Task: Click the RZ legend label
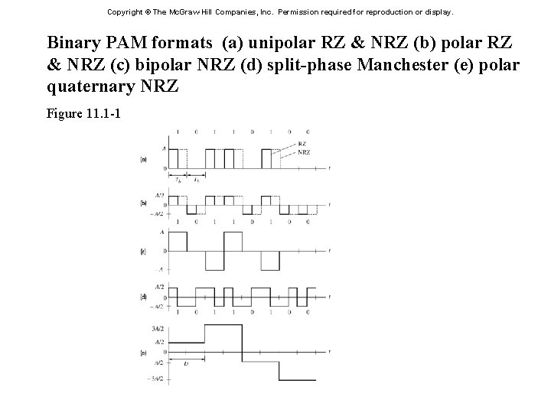pyautogui.click(x=302, y=144)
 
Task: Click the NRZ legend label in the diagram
pyautogui.click(x=304, y=152)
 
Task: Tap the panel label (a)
pyautogui.click(x=143, y=159)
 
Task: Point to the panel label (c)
pyautogui.click(x=143, y=250)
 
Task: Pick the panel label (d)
pyautogui.click(x=143, y=296)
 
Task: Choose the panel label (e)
pyautogui.click(x=143, y=353)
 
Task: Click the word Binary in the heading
pyautogui.click(x=71, y=41)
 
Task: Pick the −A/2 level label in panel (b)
pyautogui.click(x=158, y=213)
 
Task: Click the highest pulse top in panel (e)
pyautogui.click(x=223, y=327)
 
